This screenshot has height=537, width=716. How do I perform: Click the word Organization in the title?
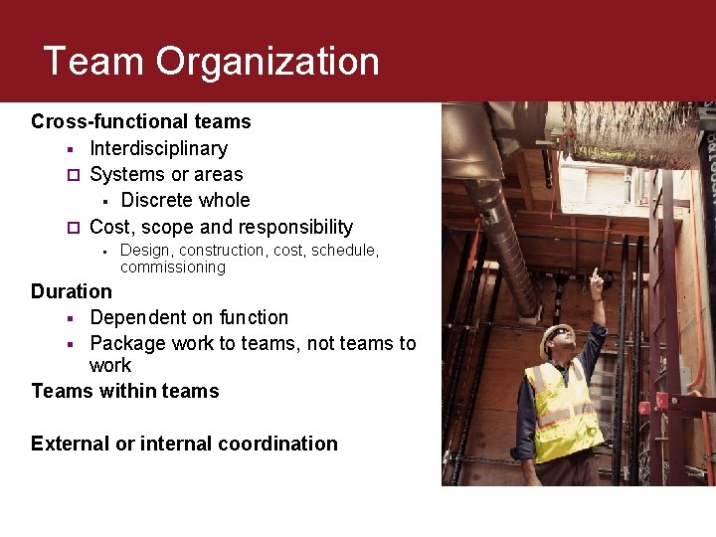268,62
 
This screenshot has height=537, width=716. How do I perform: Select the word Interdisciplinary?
158,148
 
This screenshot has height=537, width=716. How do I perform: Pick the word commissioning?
172,267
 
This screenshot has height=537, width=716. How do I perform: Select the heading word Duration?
72,291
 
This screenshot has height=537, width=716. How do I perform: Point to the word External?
70,444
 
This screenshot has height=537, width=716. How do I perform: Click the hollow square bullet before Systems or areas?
71,175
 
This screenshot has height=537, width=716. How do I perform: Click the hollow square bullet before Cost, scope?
71,228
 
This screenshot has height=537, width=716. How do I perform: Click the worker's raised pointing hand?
596,280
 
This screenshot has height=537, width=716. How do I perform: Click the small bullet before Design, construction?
103,251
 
